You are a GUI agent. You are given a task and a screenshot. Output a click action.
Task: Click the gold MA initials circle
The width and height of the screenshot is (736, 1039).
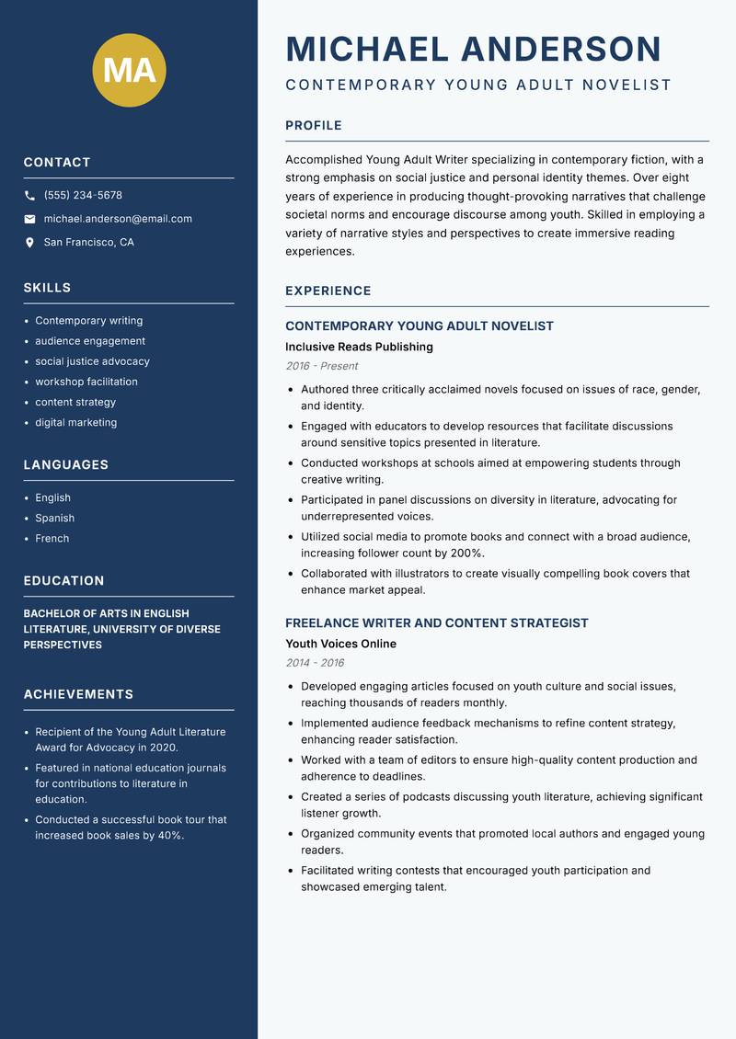point(129,70)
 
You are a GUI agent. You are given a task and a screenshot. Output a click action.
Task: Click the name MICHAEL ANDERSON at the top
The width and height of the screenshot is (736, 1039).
point(474,49)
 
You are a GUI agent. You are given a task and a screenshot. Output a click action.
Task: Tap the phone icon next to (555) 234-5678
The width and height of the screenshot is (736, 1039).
point(30,196)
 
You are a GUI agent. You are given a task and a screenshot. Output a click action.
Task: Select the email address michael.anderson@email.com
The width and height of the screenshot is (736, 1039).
point(118,219)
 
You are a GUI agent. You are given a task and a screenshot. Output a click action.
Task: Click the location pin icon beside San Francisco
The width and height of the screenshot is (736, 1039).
point(30,243)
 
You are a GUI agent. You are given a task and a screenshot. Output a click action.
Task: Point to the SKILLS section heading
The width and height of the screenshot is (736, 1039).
point(47,288)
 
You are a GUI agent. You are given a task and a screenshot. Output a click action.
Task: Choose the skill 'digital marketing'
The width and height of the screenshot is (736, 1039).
point(75,423)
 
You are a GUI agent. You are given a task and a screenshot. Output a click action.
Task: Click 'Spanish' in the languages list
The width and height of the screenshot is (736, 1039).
point(54,519)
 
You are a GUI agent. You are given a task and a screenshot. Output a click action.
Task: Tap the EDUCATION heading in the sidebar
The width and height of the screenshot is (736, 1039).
point(63,581)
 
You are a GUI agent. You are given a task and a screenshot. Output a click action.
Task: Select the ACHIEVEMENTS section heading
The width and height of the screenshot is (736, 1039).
point(78,694)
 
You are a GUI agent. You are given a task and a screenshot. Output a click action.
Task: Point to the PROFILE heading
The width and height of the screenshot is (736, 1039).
point(313,126)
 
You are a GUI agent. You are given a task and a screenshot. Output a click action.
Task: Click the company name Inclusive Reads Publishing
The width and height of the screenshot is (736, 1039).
point(359,348)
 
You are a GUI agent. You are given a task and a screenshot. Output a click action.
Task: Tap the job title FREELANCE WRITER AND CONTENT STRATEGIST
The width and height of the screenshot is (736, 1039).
point(436,623)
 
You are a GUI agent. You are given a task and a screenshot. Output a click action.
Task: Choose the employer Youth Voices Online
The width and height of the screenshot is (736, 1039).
point(340,645)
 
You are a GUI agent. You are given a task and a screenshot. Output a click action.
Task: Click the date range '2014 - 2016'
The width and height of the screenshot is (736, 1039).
point(315,663)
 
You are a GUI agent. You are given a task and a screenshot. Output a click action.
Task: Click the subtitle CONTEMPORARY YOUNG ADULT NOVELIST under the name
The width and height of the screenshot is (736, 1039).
point(478,86)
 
